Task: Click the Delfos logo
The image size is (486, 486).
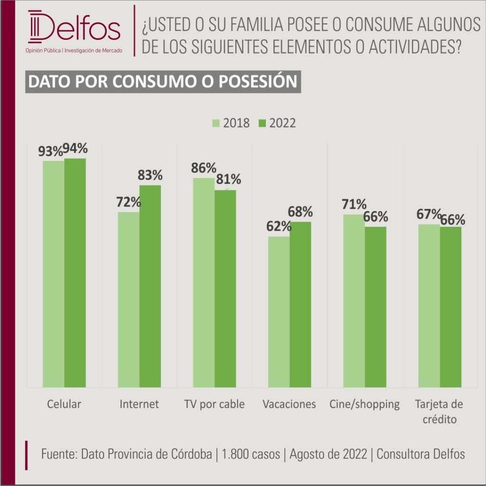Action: point(74,31)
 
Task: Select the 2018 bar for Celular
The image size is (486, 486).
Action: point(54,274)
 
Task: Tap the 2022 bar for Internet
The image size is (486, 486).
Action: point(150,286)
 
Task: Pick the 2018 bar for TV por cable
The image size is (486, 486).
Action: point(204,283)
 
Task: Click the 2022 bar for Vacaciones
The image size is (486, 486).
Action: point(300,305)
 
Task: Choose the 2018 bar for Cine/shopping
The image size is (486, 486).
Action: point(354,301)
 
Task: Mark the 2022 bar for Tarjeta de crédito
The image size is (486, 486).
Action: point(451,307)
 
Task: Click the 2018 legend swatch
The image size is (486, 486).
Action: point(216,123)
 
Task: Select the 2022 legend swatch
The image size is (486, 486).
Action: point(262,123)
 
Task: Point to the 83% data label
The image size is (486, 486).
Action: point(150,175)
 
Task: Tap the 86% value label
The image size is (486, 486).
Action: point(204,168)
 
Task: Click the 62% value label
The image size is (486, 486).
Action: point(279,226)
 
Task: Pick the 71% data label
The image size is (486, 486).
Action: point(354,204)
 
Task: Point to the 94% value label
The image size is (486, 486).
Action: point(75,149)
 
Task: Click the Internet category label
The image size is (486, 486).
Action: point(139,404)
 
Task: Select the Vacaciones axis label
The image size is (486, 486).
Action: point(289,404)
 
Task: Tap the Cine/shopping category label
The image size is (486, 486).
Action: point(364,405)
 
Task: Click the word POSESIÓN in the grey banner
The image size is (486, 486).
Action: point(258,82)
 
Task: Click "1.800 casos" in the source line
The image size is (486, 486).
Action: point(251,454)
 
